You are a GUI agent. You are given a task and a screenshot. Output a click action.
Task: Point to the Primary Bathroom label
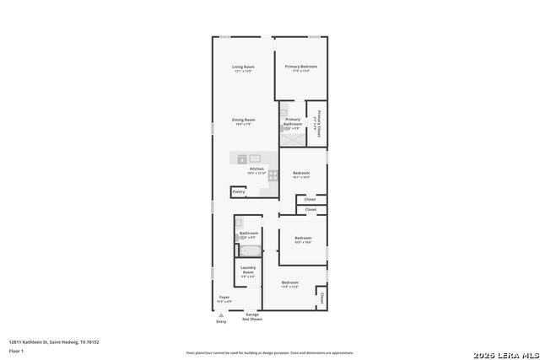point(293,121)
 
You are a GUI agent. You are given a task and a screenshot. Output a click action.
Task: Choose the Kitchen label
point(256,169)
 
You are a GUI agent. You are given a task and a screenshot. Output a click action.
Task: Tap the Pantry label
point(239,192)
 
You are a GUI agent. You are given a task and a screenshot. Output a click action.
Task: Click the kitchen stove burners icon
point(273,175)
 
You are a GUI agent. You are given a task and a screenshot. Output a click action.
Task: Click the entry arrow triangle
point(221,314)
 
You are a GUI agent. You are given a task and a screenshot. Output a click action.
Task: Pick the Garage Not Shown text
point(252,317)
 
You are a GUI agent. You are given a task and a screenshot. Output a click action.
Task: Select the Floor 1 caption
point(16,351)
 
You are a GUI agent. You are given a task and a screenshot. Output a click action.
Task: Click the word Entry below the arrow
point(221,321)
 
